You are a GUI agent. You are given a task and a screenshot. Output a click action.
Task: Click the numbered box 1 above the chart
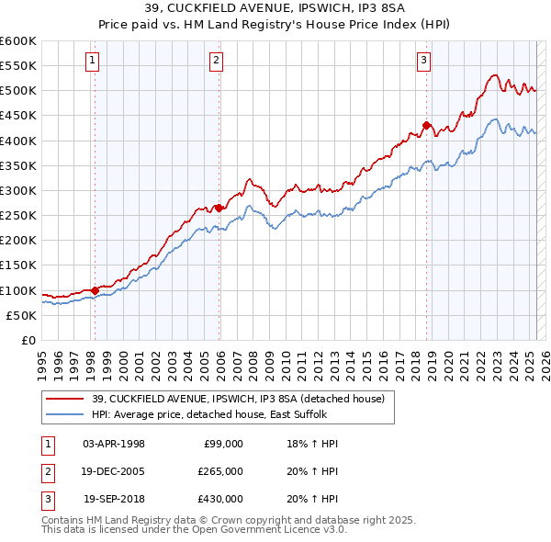(94, 62)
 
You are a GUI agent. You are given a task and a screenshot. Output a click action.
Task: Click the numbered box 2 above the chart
(216, 62)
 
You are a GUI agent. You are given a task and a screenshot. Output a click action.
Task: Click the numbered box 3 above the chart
(424, 62)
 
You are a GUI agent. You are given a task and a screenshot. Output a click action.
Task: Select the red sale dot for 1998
(95, 290)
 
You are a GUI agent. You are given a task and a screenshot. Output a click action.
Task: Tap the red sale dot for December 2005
(219, 208)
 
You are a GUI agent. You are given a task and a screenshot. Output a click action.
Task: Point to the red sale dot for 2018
(426, 125)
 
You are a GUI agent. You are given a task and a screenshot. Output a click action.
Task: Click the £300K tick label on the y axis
(18, 190)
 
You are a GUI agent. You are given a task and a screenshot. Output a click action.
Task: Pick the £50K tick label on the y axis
(22, 315)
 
